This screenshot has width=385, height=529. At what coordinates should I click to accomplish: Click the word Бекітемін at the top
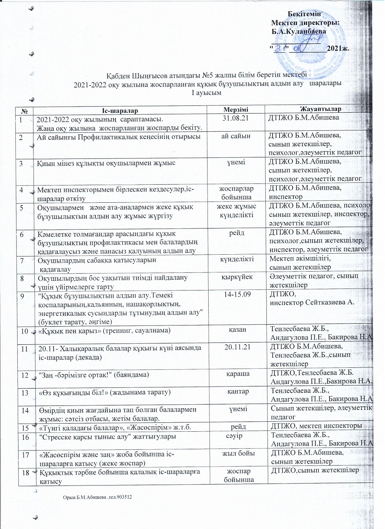[x=304, y=14]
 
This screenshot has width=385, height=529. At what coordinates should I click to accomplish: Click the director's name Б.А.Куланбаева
[x=298, y=32]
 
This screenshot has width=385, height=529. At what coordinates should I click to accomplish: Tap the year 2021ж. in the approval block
[x=338, y=48]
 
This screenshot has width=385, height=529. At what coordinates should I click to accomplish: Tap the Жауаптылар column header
[x=320, y=109]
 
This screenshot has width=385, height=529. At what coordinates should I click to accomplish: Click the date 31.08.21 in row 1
[x=236, y=118]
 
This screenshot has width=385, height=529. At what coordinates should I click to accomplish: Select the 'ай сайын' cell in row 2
[x=236, y=136]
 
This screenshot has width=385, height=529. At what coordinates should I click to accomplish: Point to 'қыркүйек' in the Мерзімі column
[x=237, y=277]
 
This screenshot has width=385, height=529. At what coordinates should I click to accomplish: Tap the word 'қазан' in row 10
[x=237, y=330]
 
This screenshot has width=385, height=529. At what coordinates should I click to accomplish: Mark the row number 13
[x=25, y=392]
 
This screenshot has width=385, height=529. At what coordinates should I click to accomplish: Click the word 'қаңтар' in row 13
[x=238, y=391]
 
